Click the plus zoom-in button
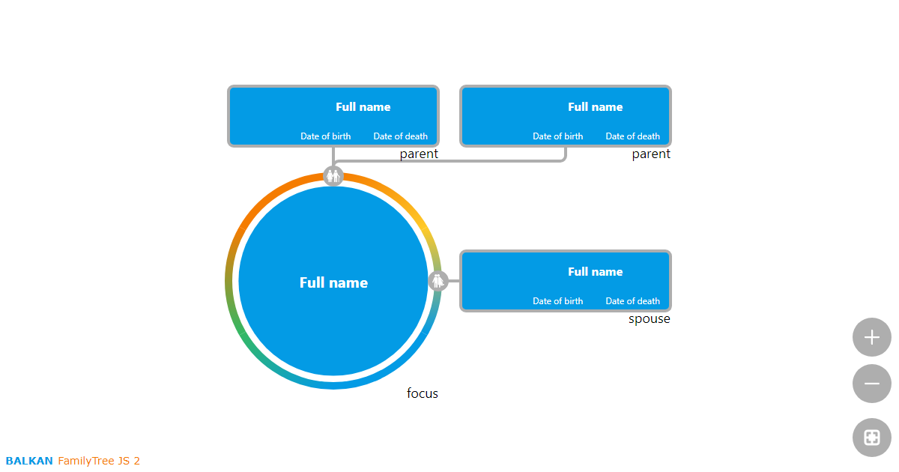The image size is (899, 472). pyautogui.click(x=871, y=337)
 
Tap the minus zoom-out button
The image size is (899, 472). pyautogui.click(x=871, y=384)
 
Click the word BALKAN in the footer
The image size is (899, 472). pyautogui.click(x=29, y=461)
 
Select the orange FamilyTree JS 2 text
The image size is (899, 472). pyautogui.click(x=99, y=461)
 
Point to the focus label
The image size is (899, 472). pyautogui.click(x=423, y=393)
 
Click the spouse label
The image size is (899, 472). pyautogui.click(x=649, y=319)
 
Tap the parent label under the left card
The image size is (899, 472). pyautogui.click(x=419, y=154)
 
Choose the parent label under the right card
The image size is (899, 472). pyautogui.click(x=651, y=154)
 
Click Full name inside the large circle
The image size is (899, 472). pyautogui.click(x=333, y=282)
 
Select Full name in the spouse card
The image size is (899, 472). pyautogui.click(x=595, y=272)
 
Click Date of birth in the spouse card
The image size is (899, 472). pyautogui.click(x=557, y=301)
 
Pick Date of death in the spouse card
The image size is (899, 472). pyautogui.click(x=632, y=301)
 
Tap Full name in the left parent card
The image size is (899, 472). pyautogui.click(x=363, y=107)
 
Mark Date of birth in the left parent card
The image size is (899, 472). pyautogui.click(x=325, y=136)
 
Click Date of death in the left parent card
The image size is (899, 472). pyautogui.click(x=400, y=136)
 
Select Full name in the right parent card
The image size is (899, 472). pyautogui.click(x=595, y=107)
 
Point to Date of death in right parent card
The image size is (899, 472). pyautogui.click(x=632, y=136)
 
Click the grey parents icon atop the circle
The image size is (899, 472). pyautogui.click(x=333, y=176)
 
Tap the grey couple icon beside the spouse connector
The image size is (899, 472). pyautogui.click(x=438, y=281)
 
